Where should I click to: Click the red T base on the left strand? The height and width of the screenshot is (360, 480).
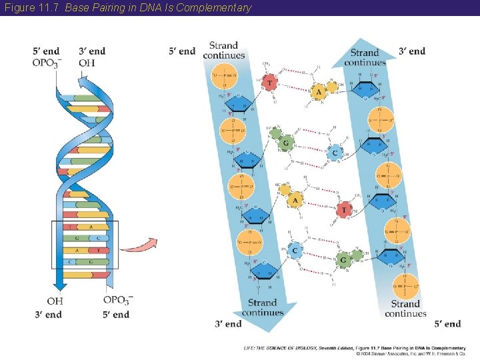(x=269, y=82)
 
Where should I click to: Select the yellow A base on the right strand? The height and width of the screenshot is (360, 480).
(x=319, y=91)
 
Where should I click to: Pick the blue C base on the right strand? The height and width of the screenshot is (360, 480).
(x=336, y=153)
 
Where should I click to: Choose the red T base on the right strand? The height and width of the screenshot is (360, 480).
(x=344, y=211)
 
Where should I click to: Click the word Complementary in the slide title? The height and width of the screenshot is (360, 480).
(x=218, y=8)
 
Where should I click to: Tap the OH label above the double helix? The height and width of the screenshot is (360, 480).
(x=87, y=63)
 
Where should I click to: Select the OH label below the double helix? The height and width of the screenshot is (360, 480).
(x=55, y=302)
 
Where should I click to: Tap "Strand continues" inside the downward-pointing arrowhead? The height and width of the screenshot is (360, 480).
(x=262, y=308)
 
